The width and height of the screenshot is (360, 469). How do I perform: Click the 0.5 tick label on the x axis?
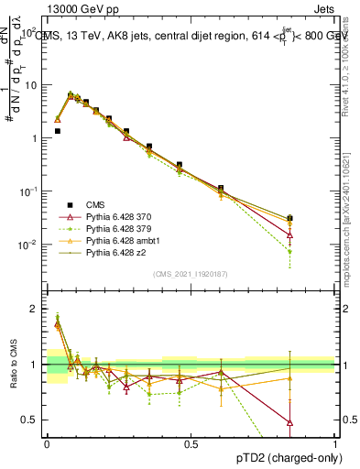click(191, 442)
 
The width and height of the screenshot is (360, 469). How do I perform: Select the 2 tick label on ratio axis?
click(34, 309)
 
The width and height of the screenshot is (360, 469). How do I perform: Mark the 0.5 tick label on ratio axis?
click(30, 420)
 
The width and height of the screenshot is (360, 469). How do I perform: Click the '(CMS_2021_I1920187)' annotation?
click(191, 273)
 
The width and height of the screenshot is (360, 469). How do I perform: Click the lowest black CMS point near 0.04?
click(57, 131)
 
